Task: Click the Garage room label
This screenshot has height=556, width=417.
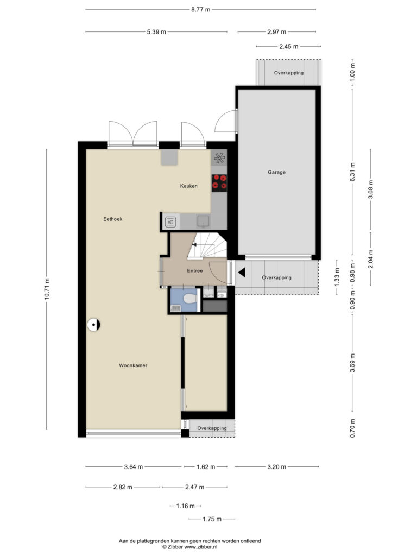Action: [x=276, y=172]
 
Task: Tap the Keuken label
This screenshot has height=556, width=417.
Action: [x=188, y=186]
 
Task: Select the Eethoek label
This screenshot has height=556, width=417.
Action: [x=113, y=219]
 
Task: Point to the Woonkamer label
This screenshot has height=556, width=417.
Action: [x=133, y=365]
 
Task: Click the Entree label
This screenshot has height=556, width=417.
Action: [x=195, y=270]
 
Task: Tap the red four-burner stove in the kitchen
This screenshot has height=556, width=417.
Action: [x=219, y=183]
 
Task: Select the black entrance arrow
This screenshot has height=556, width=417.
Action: [x=242, y=273]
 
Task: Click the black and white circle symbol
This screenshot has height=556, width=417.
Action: [x=94, y=325]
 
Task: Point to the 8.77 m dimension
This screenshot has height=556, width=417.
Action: [x=201, y=10]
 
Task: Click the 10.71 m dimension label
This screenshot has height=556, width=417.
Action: [x=47, y=289]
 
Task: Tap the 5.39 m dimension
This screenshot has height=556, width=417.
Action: [x=156, y=32]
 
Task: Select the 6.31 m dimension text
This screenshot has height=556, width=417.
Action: [x=352, y=172]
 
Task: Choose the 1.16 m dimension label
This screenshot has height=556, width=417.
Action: [x=186, y=506]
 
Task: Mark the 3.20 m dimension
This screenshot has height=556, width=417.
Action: [x=276, y=467]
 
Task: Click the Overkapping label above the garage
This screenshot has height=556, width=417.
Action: [x=289, y=73]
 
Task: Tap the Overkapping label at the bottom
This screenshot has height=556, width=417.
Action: [x=212, y=428]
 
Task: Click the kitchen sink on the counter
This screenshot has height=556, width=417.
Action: [x=204, y=221]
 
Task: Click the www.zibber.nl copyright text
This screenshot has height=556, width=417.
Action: [x=190, y=547]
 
